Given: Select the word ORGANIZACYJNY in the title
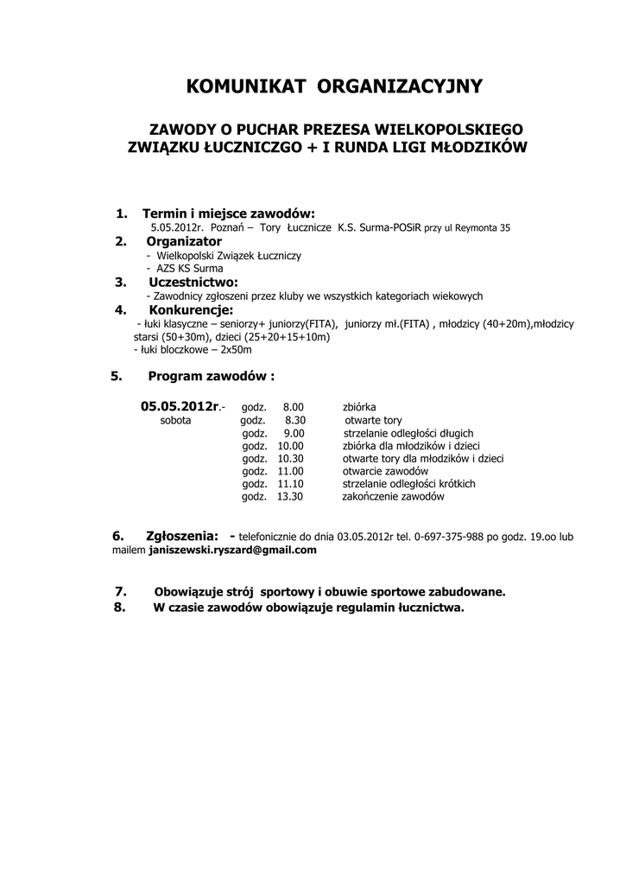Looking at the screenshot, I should [x=401, y=86].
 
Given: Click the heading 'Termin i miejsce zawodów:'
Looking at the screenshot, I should [x=229, y=213].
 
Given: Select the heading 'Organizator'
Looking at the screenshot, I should [x=184, y=241].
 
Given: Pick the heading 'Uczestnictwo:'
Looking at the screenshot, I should [x=193, y=282].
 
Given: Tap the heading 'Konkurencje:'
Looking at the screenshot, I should [x=192, y=309].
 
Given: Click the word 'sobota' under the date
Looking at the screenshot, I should [x=176, y=420].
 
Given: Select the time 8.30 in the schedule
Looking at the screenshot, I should [x=295, y=420].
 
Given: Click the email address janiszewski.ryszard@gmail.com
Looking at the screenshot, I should [x=232, y=550].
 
